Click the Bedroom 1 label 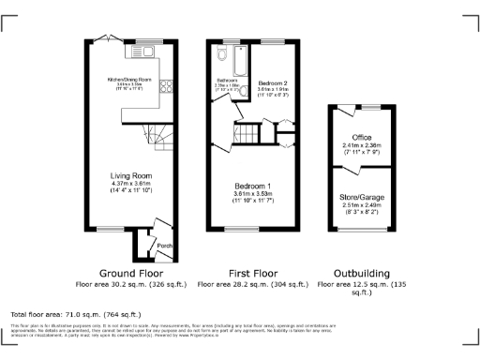[x=253, y=186]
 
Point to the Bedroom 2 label [x=273, y=83]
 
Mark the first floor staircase [x=247, y=135]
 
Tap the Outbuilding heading [x=360, y=273]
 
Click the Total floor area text [x=75, y=314]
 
